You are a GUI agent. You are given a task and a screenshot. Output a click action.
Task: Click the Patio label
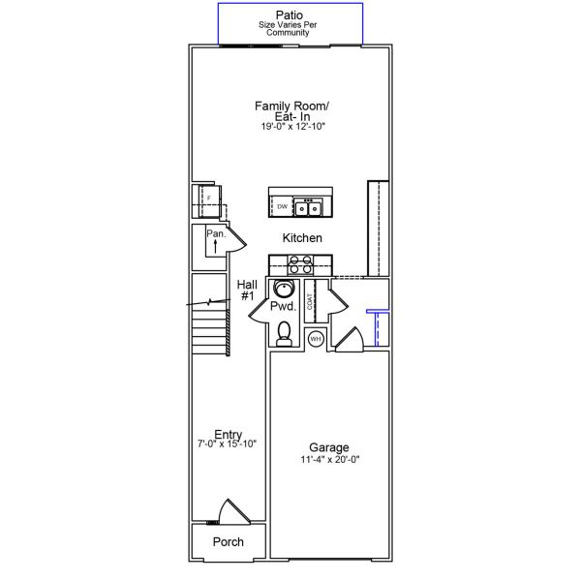[289, 15]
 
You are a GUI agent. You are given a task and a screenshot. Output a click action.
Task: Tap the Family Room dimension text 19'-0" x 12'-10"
[292, 126]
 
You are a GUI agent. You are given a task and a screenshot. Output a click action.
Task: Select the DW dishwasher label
[283, 207]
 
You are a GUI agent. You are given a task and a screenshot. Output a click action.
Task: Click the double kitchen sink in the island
[308, 207]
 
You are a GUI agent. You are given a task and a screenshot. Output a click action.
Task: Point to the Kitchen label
[302, 238]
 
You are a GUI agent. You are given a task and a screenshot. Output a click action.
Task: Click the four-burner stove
[300, 264]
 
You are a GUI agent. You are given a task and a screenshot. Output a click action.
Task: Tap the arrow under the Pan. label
[215, 246]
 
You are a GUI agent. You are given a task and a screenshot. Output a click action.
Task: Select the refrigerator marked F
[209, 201]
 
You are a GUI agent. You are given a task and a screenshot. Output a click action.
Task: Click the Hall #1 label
[247, 290]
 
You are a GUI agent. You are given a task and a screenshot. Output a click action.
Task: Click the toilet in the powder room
[284, 333]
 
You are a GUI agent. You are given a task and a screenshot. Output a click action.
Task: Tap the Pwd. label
[284, 306]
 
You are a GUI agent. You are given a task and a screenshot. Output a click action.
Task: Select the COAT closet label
[310, 301]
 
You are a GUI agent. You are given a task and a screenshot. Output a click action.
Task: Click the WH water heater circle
[316, 339]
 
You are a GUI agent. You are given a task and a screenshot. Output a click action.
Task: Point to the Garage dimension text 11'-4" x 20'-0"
[330, 459]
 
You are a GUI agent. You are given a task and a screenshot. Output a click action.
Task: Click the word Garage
[329, 447]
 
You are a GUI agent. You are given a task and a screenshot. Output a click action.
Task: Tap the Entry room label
[229, 434]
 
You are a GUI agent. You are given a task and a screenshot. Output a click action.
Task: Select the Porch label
[229, 541]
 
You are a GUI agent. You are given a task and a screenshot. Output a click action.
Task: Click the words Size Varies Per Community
[288, 28]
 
